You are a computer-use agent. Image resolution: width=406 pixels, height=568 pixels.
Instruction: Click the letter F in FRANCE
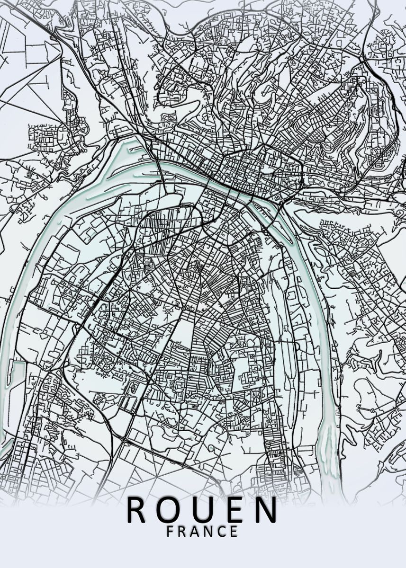171,531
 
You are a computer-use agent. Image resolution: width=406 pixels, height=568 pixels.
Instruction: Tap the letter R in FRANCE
183,531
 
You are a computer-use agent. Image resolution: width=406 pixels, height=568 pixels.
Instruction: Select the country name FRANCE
202,531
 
